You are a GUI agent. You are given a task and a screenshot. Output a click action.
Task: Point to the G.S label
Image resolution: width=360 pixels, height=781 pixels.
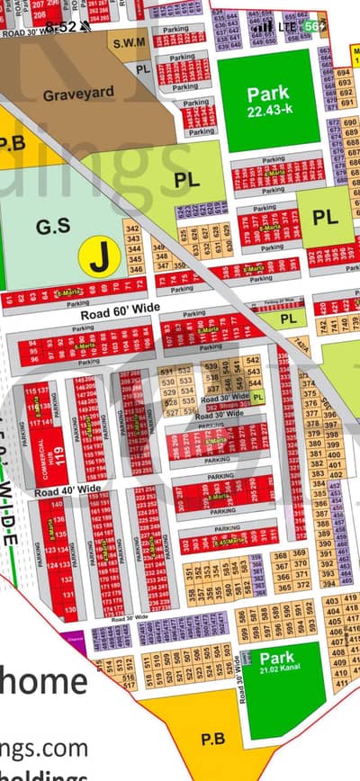tap(47, 229)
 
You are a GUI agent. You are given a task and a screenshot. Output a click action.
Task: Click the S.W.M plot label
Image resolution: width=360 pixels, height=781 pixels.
tap(129, 42)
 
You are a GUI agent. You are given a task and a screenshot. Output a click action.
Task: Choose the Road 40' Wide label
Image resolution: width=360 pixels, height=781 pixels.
tap(68, 490)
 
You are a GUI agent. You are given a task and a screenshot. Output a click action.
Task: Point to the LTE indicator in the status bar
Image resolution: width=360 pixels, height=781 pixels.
tap(288, 27)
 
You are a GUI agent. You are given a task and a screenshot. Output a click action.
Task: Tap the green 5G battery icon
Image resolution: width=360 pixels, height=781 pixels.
tap(314, 27)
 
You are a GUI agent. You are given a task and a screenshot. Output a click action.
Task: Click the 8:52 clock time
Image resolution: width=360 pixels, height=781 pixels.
tap(60, 27)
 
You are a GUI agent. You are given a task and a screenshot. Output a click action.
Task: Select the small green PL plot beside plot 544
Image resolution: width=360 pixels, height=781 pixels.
tap(258, 396)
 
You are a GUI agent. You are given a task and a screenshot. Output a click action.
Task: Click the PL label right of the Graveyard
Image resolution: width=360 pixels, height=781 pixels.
tap(186, 180)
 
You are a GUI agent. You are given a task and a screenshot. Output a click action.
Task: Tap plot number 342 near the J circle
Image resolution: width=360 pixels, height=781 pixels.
tap(133, 229)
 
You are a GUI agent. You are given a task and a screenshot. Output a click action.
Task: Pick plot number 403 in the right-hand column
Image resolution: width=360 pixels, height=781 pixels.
tap(332, 600)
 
